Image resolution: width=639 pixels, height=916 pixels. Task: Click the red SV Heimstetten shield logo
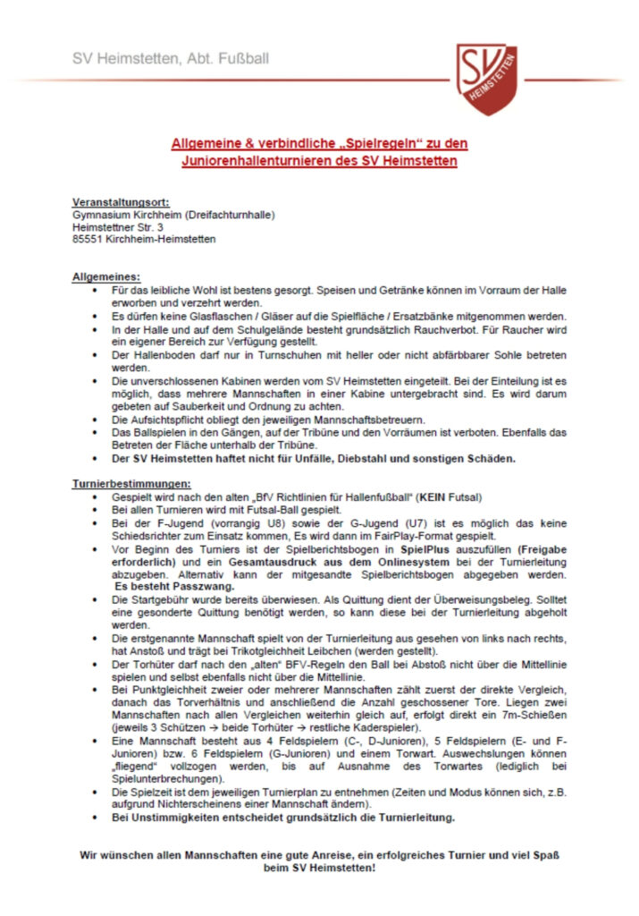pyautogui.click(x=487, y=80)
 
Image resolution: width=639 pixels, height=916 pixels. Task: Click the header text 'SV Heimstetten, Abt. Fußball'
pyautogui.click(x=171, y=59)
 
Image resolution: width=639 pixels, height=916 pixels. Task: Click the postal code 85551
pyautogui.click(x=89, y=239)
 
